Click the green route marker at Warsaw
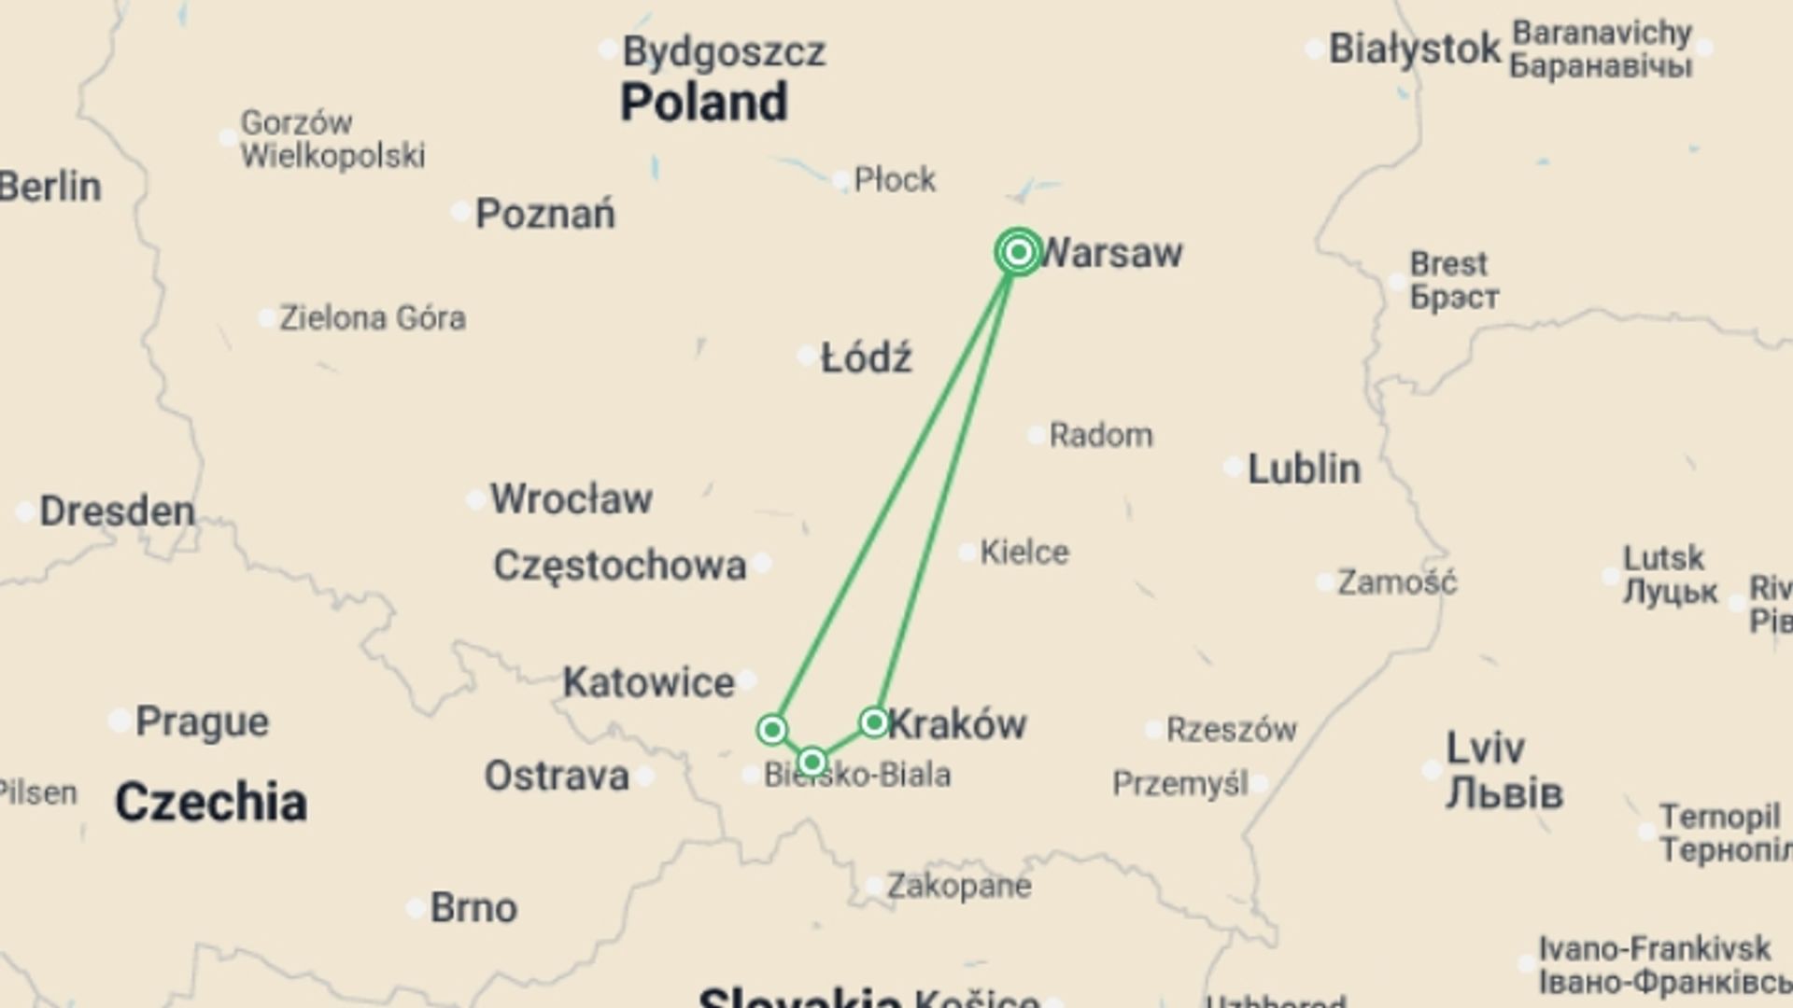coord(1019,252)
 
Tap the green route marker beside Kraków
coord(874,721)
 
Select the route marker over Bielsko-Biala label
coord(812,762)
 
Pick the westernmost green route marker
coord(772,729)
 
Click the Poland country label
coord(704,102)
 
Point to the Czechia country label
coord(211,802)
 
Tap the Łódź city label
coord(866,357)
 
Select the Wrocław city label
coord(571,498)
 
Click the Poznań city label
coord(545,214)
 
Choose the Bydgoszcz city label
coord(724,51)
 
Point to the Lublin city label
coord(1304,469)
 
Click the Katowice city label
coord(648,682)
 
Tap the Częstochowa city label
coord(620,566)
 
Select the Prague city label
coord(202,721)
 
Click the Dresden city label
coord(117,511)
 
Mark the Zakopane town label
coord(959,886)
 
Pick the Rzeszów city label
coord(1232,729)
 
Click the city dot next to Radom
coord(1036,435)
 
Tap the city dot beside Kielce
coord(967,553)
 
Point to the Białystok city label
coord(1414,49)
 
